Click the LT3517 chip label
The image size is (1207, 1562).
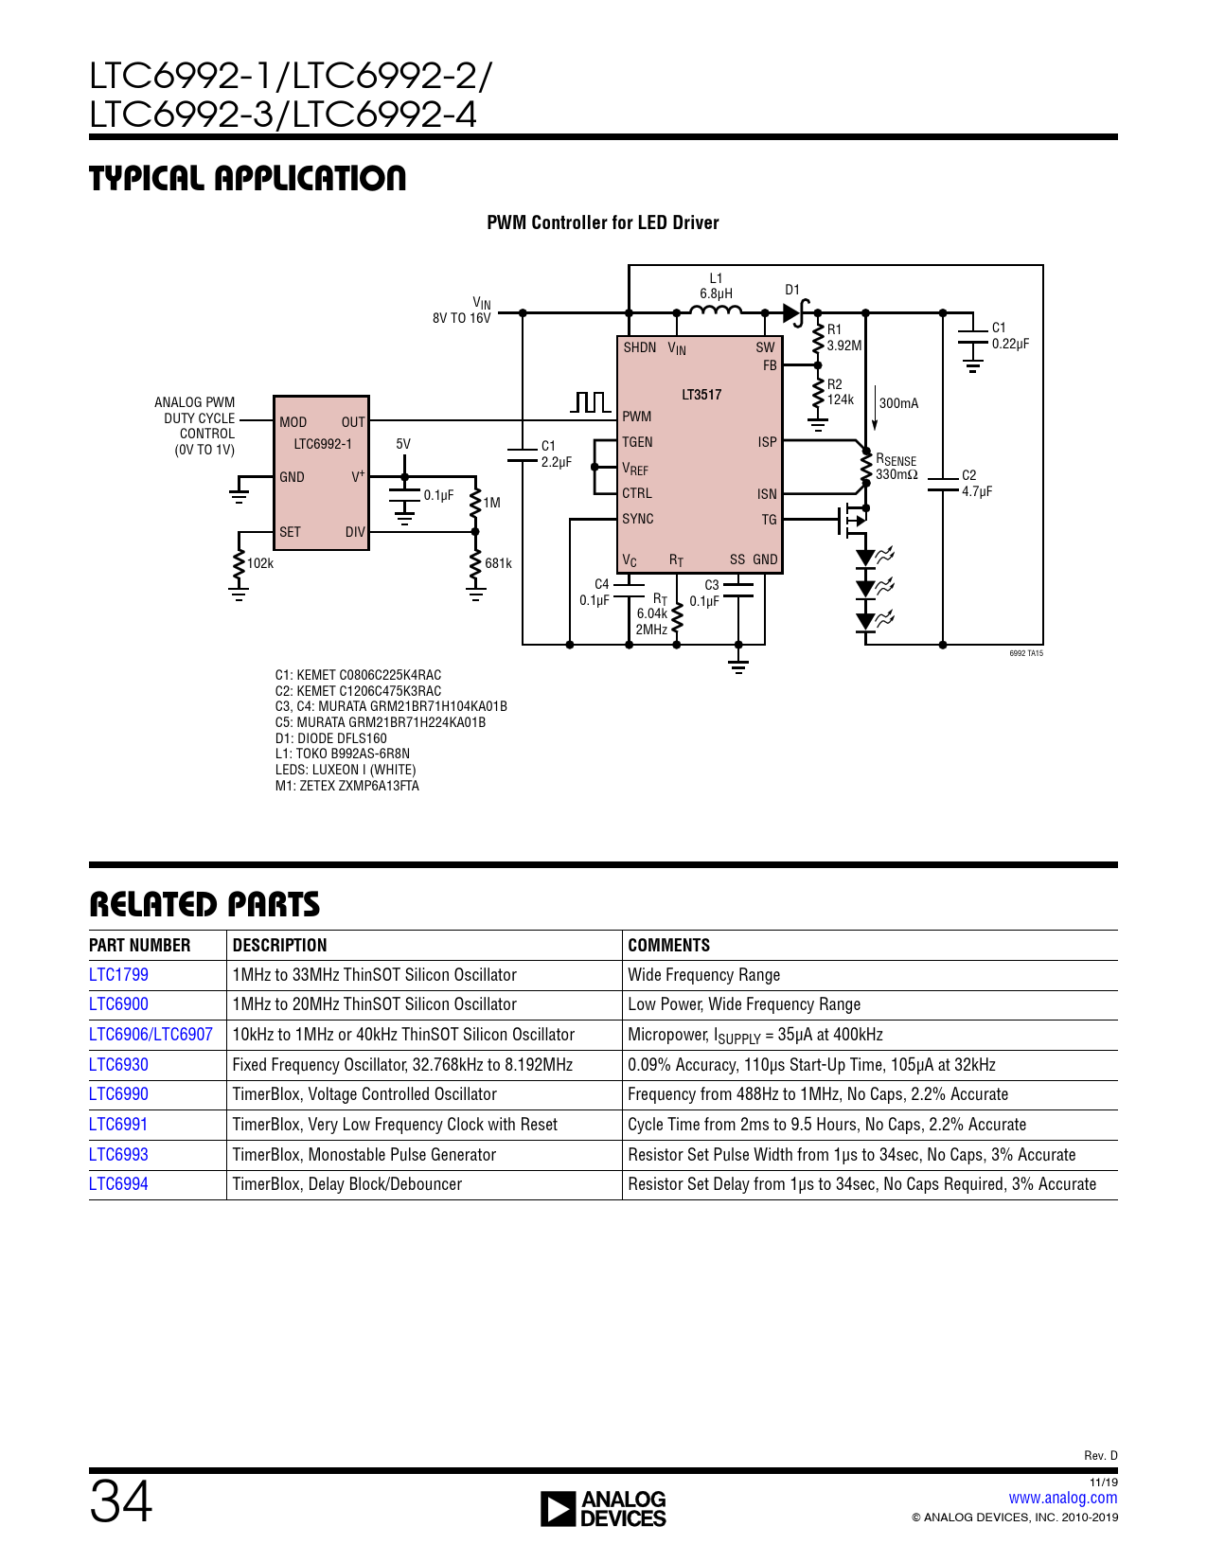click(x=701, y=395)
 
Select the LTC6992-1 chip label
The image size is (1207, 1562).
click(x=322, y=444)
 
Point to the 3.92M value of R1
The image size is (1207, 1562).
click(x=844, y=346)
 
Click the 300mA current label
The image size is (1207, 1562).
click(x=898, y=403)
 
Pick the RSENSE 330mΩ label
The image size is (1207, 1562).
click(x=896, y=468)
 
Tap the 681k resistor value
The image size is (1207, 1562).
click(x=498, y=563)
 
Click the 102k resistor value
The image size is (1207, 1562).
click(x=260, y=563)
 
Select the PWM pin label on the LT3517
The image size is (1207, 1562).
click(x=636, y=417)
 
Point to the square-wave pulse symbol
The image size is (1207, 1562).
click(x=592, y=403)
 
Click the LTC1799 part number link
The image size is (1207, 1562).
click(x=118, y=975)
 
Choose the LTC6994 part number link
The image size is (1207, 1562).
click(x=118, y=1184)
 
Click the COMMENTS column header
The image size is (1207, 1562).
click(x=668, y=945)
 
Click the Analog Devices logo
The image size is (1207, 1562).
click(x=603, y=1508)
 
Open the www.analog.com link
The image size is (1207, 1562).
click(x=1062, y=1498)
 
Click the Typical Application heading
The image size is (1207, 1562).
click(x=247, y=178)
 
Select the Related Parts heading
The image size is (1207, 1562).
click(x=204, y=905)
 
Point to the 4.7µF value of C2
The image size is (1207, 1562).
click(x=977, y=491)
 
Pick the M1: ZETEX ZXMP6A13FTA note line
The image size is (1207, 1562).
click(x=346, y=786)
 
